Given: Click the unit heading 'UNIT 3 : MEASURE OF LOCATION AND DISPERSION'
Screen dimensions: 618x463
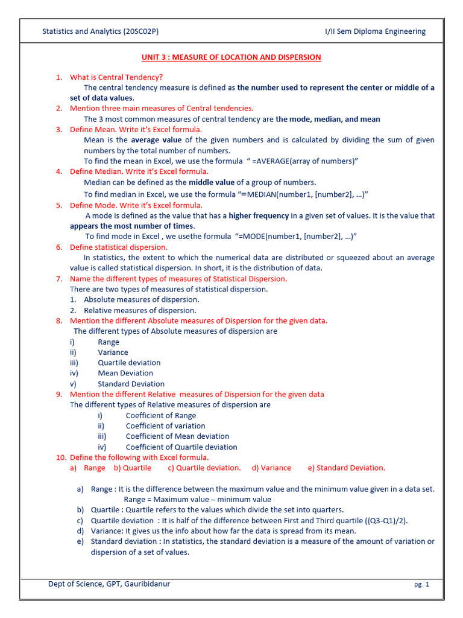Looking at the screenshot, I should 231,57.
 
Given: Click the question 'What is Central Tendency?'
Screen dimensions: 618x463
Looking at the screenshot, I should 116,77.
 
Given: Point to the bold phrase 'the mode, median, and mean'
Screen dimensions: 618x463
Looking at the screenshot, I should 328,119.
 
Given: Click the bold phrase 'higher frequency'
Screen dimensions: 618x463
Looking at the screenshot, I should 259,215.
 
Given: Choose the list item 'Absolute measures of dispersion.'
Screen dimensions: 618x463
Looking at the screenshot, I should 141,299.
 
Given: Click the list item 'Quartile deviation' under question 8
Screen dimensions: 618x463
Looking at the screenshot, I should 129,363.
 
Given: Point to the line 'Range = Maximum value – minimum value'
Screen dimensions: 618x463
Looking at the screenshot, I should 197,499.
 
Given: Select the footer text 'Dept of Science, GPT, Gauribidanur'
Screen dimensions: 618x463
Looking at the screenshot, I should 113,584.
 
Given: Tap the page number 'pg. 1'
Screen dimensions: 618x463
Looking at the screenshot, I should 421,585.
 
